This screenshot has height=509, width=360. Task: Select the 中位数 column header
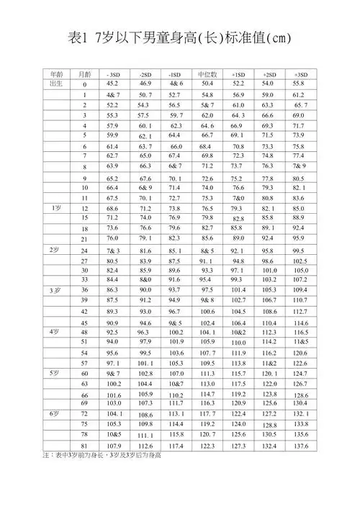tap(207, 74)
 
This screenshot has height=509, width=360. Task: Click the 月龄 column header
tap(84, 74)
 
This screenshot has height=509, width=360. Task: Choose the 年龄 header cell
tap(56, 74)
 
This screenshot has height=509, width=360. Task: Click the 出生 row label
tap(56, 84)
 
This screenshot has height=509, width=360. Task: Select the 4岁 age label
tap(55, 332)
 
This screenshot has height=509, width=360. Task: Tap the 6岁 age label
tap(55, 415)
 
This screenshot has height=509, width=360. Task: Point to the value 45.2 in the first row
tap(113, 84)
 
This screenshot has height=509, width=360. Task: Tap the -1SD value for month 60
tap(176, 374)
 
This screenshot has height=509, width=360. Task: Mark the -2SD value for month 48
tap(145, 333)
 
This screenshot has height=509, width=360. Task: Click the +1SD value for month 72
tap(238, 415)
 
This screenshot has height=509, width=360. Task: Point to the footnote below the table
tap(101, 456)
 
